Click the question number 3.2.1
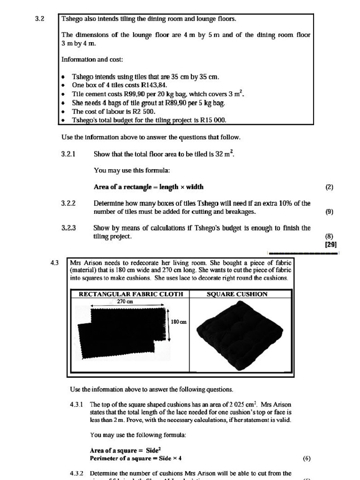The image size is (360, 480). [x=68, y=154]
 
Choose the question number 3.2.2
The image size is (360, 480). [x=68, y=203]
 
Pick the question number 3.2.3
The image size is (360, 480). [x=68, y=228]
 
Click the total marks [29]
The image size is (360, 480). [x=330, y=244]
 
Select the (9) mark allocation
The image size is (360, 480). [x=329, y=211]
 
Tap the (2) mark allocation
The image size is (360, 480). [x=329, y=187]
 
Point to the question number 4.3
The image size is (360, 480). [x=54, y=263]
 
